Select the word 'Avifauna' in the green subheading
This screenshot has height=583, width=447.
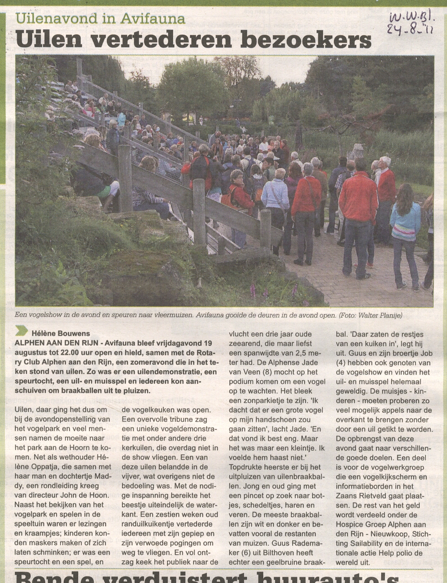[x=153, y=18]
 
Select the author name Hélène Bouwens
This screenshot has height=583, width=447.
[x=60, y=333]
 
